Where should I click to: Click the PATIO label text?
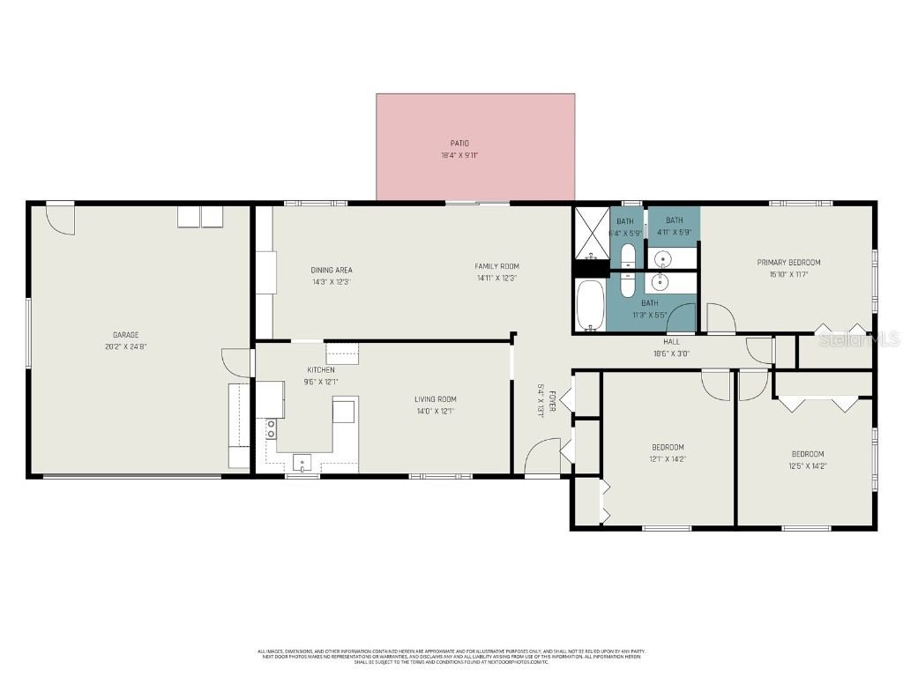[x=459, y=143]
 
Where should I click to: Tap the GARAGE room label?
[x=125, y=335]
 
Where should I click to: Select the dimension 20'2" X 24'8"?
[x=125, y=346]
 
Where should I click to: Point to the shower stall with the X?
[x=592, y=232]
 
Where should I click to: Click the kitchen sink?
[x=302, y=461]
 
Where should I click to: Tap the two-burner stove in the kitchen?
[x=272, y=428]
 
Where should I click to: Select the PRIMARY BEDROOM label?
[x=788, y=262]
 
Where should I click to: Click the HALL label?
[x=671, y=342]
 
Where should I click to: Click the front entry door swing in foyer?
[x=540, y=457]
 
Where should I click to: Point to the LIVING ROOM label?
[x=436, y=399]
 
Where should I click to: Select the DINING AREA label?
[x=332, y=270]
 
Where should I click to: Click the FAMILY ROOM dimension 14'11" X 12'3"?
[x=496, y=278]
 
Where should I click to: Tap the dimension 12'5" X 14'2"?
[x=807, y=466]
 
